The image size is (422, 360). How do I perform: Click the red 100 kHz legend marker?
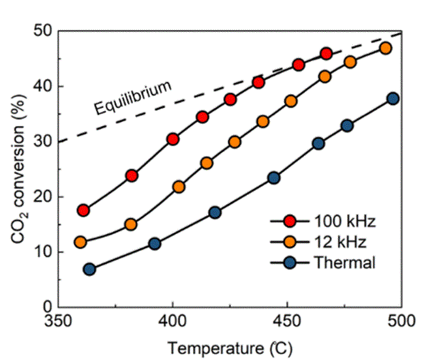pyautogui.click(x=286, y=221)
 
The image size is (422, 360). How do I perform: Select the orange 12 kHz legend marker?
pyautogui.click(x=286, y=242)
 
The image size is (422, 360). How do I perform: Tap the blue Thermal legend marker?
pyautogui.click(x=286, y=263)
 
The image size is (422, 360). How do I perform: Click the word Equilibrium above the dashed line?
pyautogui.click(x=134, y=97)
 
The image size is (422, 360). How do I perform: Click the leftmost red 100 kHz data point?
pyautogui.click(x=83, y=210)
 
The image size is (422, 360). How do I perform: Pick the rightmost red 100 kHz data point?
pyautogui.click(x=326, y=53)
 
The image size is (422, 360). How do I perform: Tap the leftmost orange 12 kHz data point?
pyautogui.click(x=80, y=242)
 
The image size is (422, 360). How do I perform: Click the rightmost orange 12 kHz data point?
pyautogui.click(x=385, y=48)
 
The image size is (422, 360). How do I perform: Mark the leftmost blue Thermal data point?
pyautogui.click(x=89, y=269)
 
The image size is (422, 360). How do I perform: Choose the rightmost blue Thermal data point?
pyautogui.click(x=393, y=98)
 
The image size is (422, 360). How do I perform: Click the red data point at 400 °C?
pyautogui.click(x=173, y=139)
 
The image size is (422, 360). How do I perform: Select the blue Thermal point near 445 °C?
pyautogui.click(x=274, y=178)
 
